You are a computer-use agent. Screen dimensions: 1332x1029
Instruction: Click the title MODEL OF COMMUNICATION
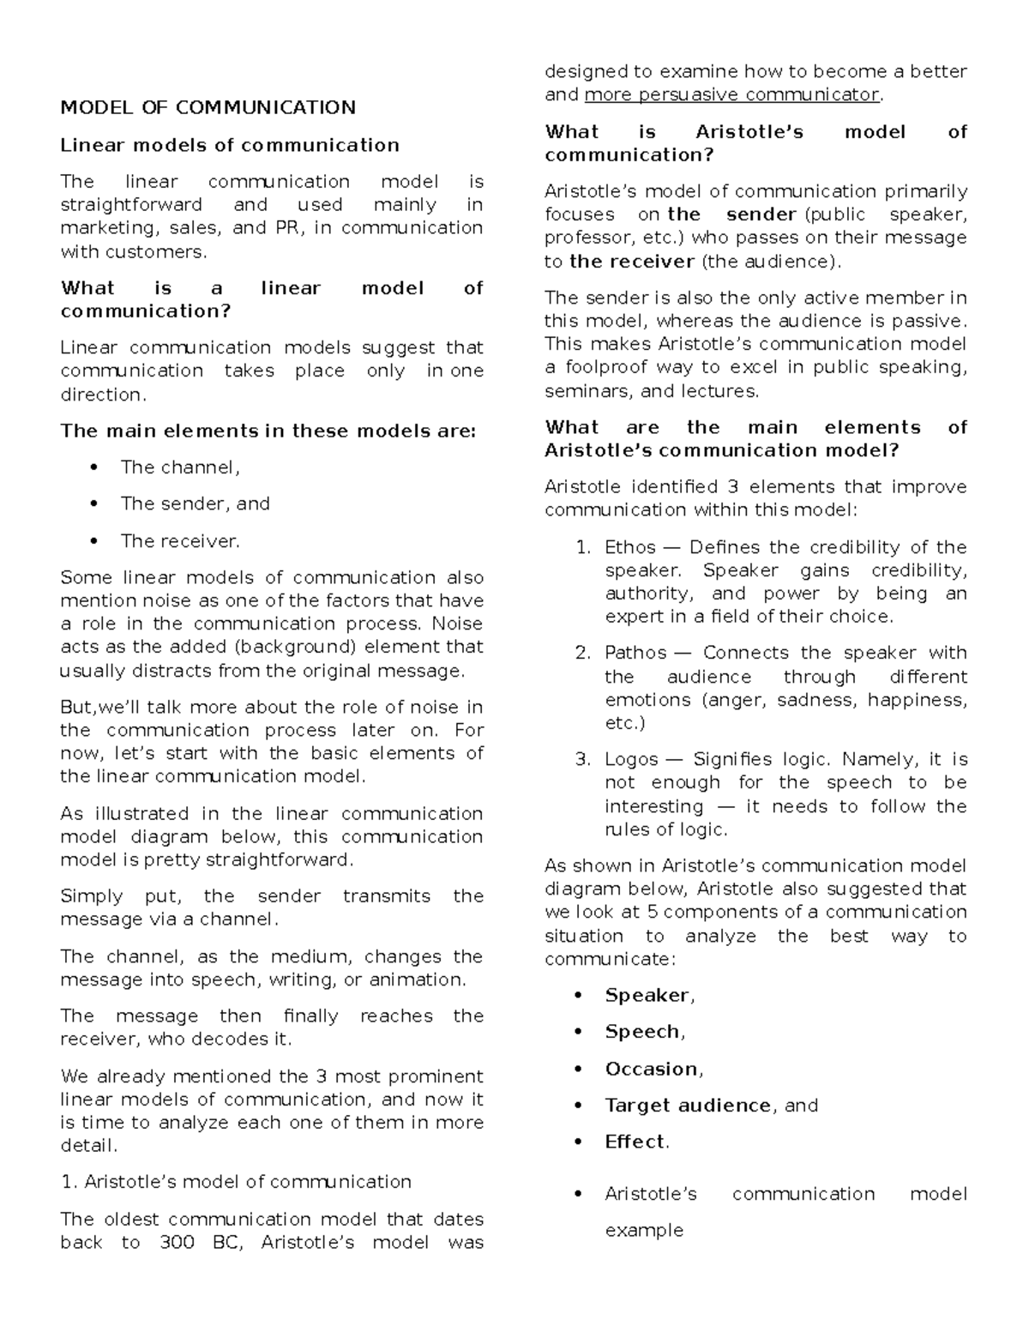208,107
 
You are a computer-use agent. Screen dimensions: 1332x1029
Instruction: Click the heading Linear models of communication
229,145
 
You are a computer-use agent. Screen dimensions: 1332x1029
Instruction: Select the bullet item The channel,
180,467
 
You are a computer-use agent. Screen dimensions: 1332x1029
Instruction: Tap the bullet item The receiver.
180,541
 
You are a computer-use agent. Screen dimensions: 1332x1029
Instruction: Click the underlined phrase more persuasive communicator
731,94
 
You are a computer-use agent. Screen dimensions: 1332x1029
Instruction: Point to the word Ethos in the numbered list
630,547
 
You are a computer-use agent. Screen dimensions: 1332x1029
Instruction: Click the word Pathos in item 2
635,653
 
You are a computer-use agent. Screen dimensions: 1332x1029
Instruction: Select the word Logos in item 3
631,759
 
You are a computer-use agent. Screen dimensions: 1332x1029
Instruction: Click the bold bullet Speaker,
649,996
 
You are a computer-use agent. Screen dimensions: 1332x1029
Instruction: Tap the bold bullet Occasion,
653,1070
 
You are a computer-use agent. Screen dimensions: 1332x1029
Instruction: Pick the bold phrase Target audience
688,1106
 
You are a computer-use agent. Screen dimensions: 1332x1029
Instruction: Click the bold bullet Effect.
636,1142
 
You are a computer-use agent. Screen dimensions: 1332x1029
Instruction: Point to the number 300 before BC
178,1242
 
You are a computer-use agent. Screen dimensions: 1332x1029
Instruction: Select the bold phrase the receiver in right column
631,262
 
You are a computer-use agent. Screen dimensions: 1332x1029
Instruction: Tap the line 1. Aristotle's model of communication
236,1182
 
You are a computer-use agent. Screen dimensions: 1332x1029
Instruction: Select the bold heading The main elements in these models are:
268,431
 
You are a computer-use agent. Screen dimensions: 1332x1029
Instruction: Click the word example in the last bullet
644,1230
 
